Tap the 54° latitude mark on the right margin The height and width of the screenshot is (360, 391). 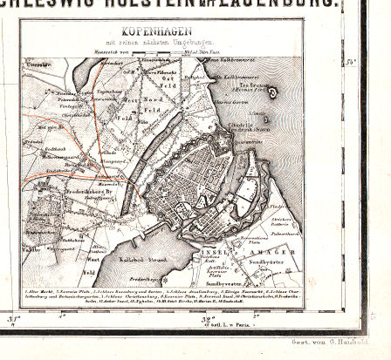[x=351, y=62]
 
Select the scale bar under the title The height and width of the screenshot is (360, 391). [x=163, y=52]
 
